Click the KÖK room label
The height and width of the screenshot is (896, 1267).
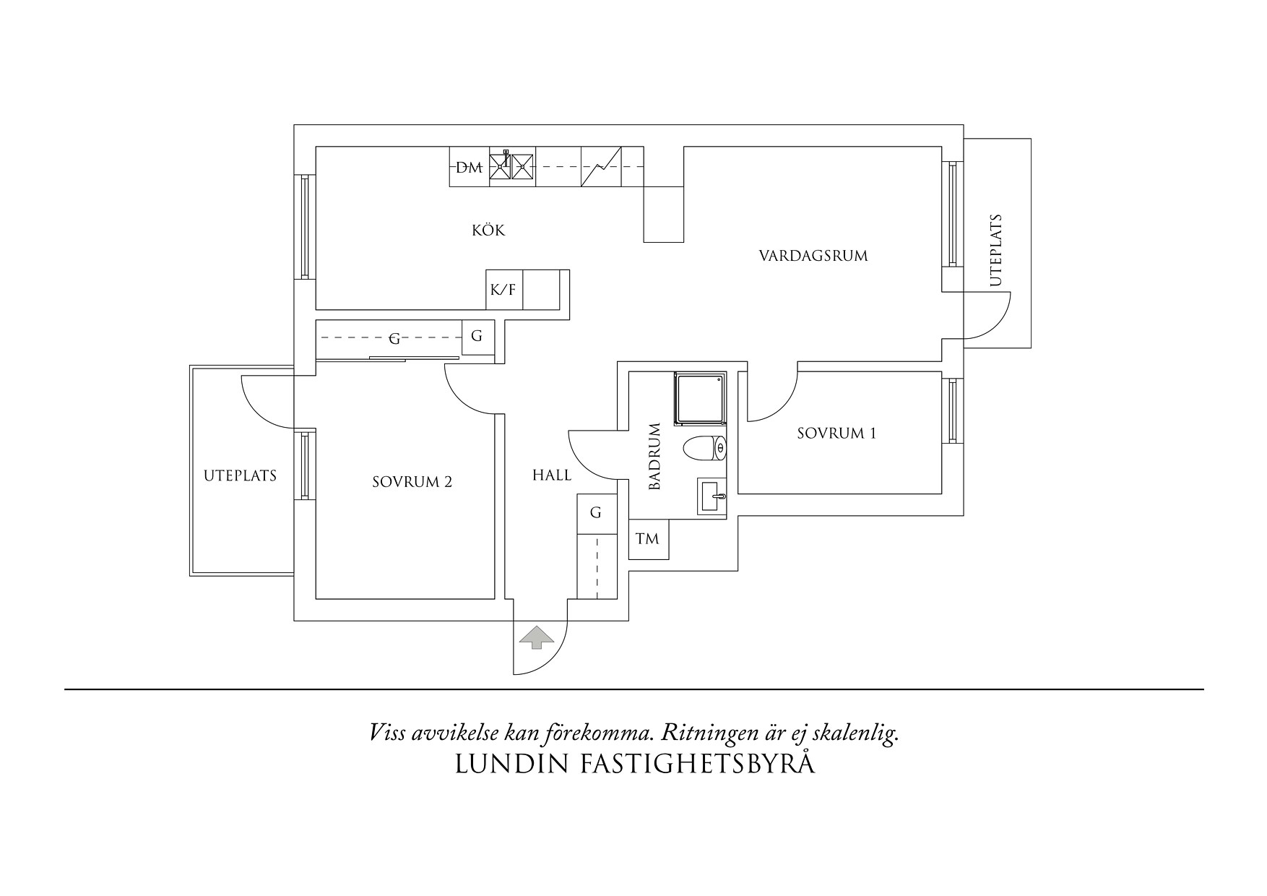point(488,230)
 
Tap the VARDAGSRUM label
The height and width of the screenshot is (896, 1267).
point(813,256)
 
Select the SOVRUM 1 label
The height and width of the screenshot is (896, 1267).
point(836,434)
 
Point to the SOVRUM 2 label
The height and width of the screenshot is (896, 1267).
point(412,482)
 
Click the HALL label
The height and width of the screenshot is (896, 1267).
point(552,475)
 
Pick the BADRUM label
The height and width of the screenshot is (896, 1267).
point(655,457)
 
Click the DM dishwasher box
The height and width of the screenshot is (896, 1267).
point(470,168)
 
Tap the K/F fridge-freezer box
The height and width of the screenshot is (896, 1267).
point(503,290)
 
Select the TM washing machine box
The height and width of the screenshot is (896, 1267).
point(649,539)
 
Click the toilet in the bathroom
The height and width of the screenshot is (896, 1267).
point(705,448)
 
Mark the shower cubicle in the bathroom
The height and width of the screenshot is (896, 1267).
point(701,398)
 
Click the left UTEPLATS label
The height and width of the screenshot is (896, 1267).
point(241,476)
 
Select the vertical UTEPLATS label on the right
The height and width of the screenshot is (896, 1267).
point(997,250)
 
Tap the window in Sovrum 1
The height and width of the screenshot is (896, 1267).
point(952,411)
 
